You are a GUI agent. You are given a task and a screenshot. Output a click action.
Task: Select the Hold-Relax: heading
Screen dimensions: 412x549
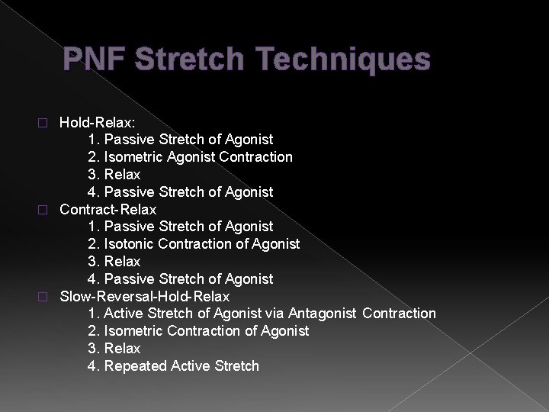(95, 122)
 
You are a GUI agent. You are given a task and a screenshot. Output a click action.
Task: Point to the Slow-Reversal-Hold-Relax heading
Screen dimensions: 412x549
(144, 296)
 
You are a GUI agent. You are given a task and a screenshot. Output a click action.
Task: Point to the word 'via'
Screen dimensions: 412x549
(278, 314)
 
